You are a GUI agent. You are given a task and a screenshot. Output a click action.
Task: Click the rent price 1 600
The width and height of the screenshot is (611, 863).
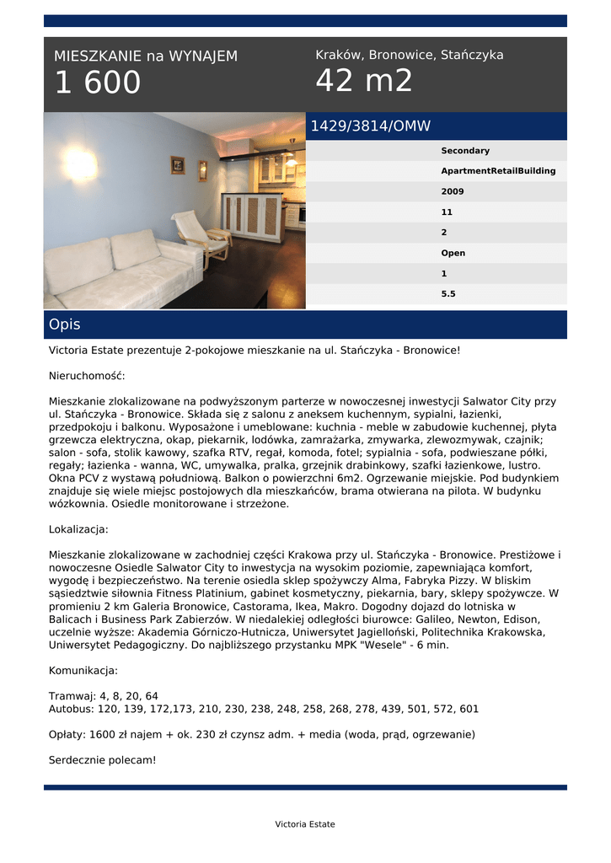[98, 83]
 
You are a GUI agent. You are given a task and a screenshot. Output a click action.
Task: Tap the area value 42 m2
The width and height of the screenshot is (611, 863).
[364, 81]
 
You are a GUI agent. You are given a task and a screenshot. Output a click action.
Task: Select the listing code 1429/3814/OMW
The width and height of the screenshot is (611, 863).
[371, 126]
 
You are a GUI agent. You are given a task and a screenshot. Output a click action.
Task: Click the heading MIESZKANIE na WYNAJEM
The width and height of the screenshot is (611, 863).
[146, 56]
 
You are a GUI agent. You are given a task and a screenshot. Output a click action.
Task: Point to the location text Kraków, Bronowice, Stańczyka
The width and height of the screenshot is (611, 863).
[410, 55]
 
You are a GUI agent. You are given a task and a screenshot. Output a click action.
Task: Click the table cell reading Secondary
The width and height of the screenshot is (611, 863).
[465, 151]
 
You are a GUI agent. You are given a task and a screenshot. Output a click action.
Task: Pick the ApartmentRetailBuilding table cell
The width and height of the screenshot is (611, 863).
[498, 171]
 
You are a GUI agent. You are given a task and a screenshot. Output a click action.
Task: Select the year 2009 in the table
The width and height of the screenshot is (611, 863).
[453, 191]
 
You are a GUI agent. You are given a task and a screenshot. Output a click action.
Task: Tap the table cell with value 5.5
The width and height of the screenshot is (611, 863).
[448, 294]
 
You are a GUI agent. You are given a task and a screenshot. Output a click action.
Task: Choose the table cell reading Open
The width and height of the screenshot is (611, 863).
[453, 253]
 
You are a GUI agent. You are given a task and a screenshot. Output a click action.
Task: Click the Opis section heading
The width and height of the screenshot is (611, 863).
[65, 324]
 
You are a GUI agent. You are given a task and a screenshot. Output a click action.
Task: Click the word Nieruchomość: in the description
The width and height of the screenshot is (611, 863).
[87, 376]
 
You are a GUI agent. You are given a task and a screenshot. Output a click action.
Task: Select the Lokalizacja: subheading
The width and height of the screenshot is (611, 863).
[78, 530]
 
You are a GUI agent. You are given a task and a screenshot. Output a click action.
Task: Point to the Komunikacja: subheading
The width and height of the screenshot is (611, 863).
[83, 671]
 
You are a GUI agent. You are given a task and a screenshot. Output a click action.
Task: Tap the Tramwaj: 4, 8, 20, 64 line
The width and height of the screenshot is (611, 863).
[104, 696]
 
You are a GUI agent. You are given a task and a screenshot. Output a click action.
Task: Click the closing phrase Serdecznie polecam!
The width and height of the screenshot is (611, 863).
[103, 759]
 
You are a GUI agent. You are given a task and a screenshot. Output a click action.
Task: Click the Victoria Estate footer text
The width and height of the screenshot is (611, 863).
[305, 824]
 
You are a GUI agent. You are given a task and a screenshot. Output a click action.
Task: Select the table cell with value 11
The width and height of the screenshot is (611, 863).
[447, 212]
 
